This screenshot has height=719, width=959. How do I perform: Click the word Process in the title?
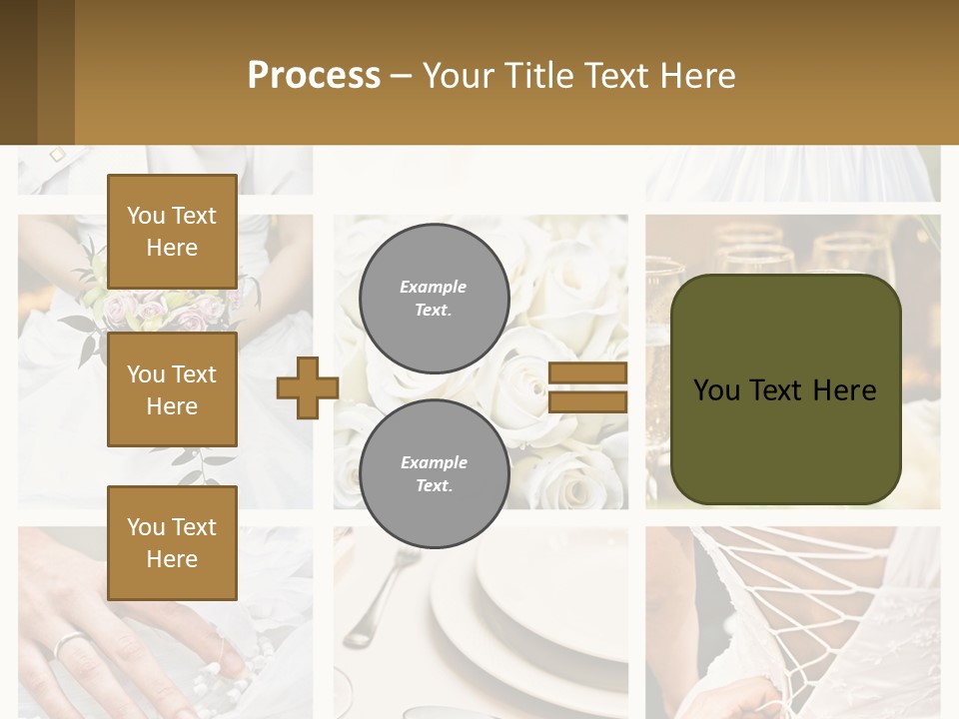314,76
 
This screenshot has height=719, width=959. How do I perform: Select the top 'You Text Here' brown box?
172,232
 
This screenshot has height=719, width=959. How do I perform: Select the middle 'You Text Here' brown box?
172,389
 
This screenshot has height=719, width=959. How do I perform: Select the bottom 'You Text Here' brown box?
172,542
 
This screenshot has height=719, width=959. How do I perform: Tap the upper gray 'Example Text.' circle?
434,298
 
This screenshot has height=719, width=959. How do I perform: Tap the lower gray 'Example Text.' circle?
434,473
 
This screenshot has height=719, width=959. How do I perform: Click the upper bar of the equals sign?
587,373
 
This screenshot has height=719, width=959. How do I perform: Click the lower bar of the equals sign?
587,402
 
